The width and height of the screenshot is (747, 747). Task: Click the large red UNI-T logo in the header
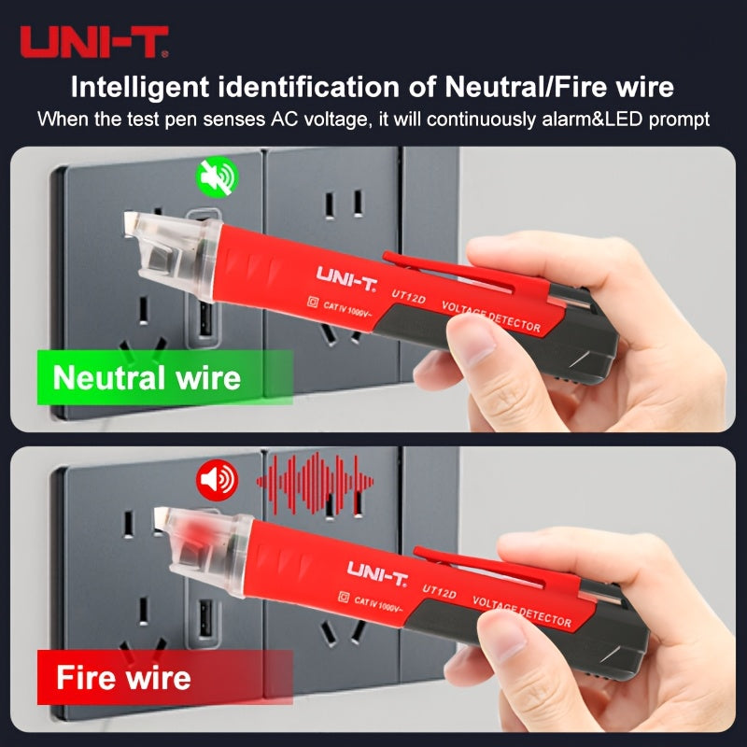94,42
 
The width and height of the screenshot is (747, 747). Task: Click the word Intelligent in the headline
139,88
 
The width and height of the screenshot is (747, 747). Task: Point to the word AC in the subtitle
285,120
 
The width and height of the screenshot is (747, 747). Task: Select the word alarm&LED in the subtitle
592,120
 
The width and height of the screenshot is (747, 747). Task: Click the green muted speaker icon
218,176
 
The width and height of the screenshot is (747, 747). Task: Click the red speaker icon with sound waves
218,480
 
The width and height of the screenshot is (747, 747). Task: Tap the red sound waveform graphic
315,484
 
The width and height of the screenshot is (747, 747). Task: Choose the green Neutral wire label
165,377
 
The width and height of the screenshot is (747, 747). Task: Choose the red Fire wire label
165,677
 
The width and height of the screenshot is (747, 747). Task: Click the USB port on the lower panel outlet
205,618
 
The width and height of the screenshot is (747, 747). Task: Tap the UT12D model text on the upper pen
408,296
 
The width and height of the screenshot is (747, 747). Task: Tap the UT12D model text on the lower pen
439,591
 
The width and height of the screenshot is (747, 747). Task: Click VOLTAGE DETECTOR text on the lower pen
522,612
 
